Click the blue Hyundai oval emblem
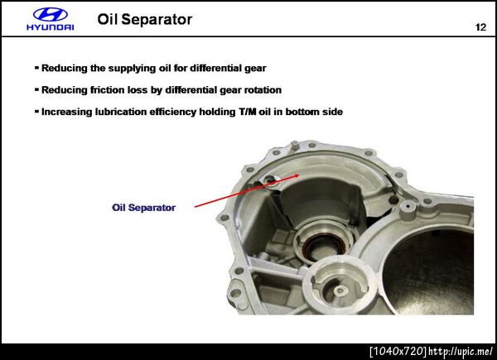click(51, 15)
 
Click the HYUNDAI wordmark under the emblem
click(51, 27)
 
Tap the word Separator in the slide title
click(157, 20)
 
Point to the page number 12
click(480, 27)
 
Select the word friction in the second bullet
click(107, 90)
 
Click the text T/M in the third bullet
click(247, 112)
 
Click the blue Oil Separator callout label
click(143, 208)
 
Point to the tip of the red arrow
click(299, 175)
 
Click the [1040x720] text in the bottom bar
click(398, 351)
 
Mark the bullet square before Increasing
click(36, 112)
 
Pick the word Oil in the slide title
click(108, 19)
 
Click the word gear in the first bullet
click(255, 69)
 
